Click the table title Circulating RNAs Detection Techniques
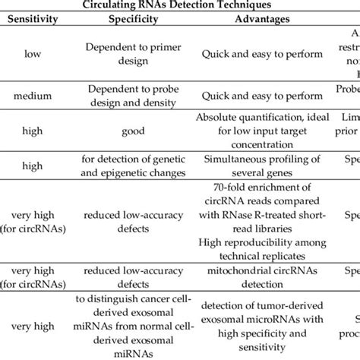coord(179,5)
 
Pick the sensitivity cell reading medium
coord(33,95)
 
